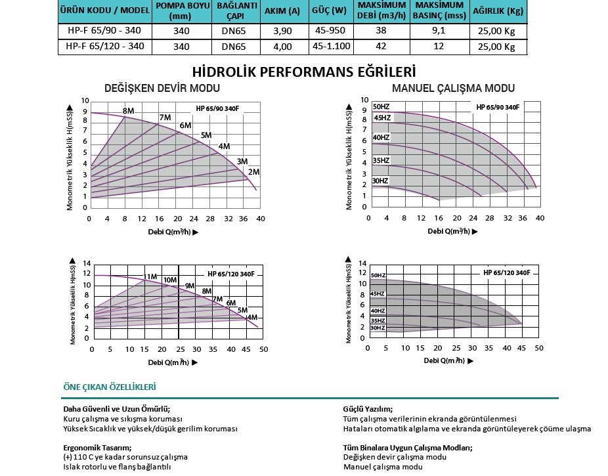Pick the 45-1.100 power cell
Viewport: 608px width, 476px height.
click(x=332, y=47)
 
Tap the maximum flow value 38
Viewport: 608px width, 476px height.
click(x=381, y=30)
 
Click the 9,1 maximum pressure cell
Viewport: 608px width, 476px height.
click(x=439, y=30)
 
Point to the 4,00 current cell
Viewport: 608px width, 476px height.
click(x=282, y=47)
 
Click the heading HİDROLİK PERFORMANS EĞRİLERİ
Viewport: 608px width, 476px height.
click(x=304, y=72)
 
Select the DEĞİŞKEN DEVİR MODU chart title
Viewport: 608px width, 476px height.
click(x=162, y=89)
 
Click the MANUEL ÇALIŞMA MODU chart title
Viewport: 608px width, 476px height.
click(x=453, y=89)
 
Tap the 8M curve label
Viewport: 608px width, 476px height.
click(x=129, y=111)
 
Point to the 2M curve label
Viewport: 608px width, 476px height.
click(x=254, y=172)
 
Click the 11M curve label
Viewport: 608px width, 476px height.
click(x=150, y=276)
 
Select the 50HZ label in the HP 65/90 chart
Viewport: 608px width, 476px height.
click(x=381, y=106)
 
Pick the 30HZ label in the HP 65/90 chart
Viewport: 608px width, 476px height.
click(x=380, y=181)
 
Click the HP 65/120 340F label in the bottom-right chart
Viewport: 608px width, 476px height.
click(x=506, y=272)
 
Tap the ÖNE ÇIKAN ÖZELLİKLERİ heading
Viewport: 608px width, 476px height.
click(x=110, y=387)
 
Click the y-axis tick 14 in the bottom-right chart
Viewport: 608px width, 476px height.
click(x=362, y=263)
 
